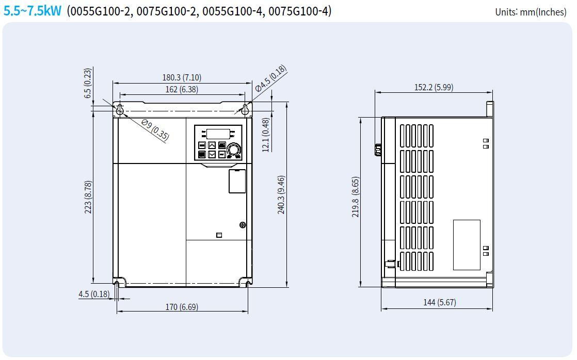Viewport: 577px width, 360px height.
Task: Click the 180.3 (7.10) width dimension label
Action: click(x=182, y=77)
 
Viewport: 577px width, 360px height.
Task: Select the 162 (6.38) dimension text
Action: click(x=182, y=89)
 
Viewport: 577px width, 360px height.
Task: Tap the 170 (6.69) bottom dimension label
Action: click(x=182, y=307)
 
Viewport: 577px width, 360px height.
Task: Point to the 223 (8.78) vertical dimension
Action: click(x=88, y=197)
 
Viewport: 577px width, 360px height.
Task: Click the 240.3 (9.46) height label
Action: click(x=281, y=195)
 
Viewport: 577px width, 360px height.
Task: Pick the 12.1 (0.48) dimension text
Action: click(x=266, y=135)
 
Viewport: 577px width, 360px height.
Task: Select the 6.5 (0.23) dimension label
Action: click(x=88, y=83)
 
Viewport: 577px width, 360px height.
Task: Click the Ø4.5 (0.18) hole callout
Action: click(x=271, y=78)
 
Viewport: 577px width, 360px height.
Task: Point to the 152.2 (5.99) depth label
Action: click(x=434, y=87)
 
